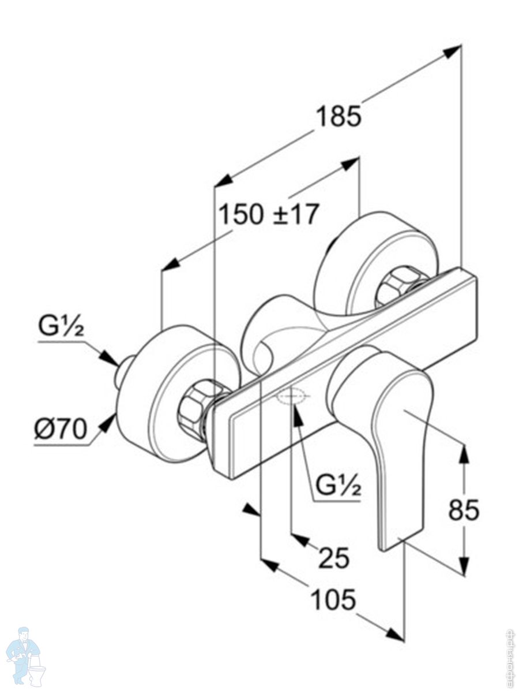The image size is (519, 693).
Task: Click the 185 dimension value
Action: click(x=338, y=117)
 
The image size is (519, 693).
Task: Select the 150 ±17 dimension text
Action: click(x=268, y=215)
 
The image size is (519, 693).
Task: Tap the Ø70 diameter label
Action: click(x=60, y=429)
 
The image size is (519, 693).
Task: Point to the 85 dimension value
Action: click(x=464, y=510)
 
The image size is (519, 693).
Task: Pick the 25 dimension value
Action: click(x=334, y=558)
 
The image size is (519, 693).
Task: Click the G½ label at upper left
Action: click(x=62, y=327)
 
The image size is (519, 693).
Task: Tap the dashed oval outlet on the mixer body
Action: click(x=293, y=397)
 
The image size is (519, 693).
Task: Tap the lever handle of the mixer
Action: click(x=398, y=439)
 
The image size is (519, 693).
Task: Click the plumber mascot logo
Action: click(x=25, y=655)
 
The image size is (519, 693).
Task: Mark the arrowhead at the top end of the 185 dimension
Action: click(x=453, y=51)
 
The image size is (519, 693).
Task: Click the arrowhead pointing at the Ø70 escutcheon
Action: click(x=108, y=424)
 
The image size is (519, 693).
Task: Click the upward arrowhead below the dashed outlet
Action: click(x=297, y=416)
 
